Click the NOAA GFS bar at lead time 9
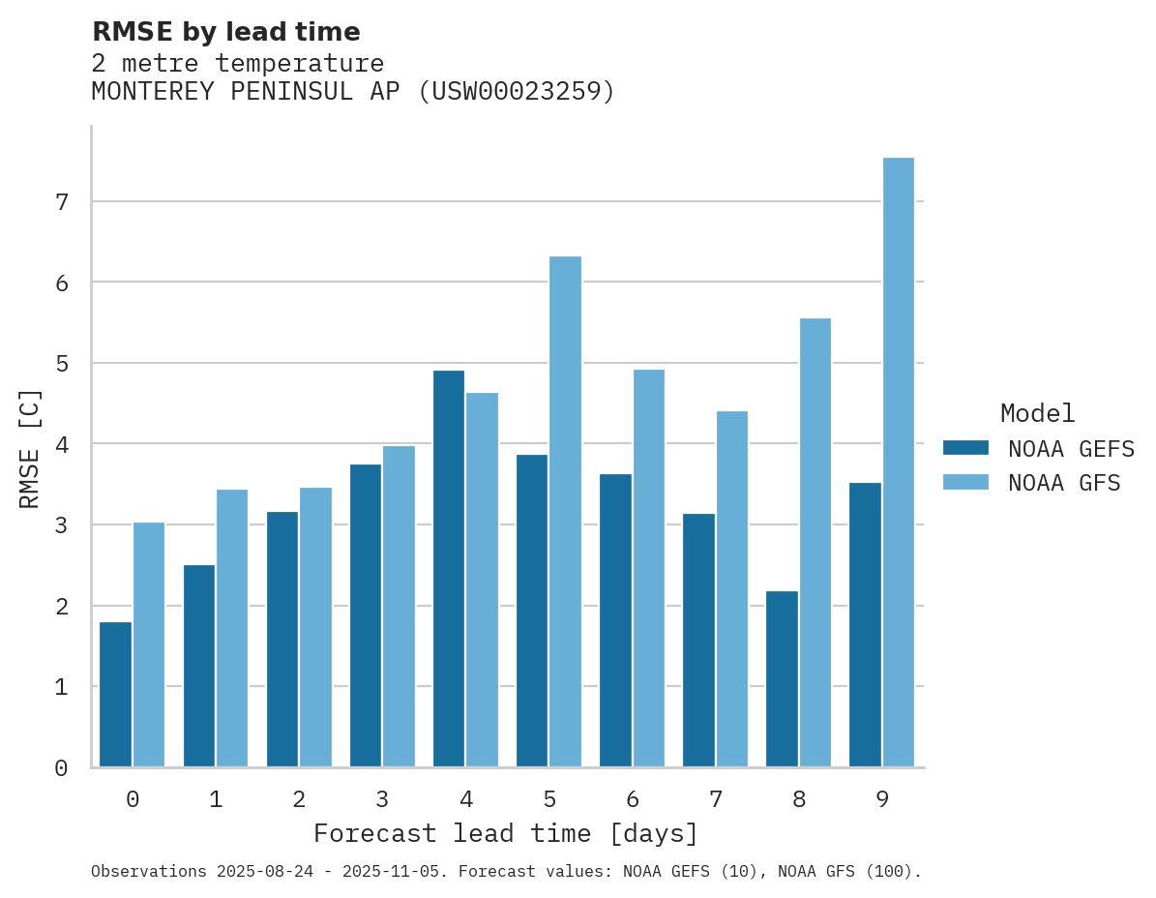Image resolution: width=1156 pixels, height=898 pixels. (899, 463)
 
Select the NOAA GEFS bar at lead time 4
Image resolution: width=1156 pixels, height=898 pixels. (449, 569)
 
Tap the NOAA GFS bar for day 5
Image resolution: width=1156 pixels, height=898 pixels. (566, 512)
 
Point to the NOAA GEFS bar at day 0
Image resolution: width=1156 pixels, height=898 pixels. (116, 695)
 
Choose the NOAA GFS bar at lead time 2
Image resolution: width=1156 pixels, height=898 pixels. (316, 627)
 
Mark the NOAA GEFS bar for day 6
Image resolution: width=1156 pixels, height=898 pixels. (615, 620)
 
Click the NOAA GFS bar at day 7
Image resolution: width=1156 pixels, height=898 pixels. (732, 589)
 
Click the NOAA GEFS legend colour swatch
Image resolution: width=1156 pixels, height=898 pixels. (965, 448)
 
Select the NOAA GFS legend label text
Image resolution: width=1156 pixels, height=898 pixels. (1064, 483)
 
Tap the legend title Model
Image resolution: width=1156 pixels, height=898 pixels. (1037, 414)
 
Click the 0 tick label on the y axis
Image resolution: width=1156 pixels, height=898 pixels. (61, 768)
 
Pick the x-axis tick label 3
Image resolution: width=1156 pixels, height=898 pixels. (382, 800)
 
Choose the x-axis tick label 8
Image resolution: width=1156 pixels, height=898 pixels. (799, 800)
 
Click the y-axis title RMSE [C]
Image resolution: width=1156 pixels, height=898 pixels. (31, 448)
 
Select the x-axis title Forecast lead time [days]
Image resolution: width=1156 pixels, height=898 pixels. (505, 834)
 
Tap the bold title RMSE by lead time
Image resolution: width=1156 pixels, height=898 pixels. (225, 32)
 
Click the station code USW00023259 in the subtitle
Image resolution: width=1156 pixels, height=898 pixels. (515, 92)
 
